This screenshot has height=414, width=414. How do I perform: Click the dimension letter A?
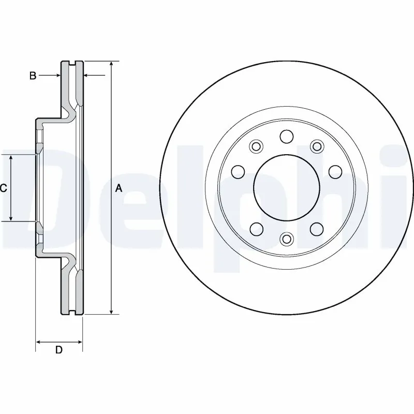119,188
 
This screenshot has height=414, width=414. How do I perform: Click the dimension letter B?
33,76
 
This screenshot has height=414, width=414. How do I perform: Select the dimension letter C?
3,188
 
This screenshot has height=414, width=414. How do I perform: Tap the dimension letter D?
59,350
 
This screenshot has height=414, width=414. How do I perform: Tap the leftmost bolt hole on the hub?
238,171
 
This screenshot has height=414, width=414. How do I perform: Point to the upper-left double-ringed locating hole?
256,146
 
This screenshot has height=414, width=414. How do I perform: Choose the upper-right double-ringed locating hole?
316,146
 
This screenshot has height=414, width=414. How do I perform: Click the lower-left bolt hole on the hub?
256,228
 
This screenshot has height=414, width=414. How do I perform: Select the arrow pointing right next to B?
57,76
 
